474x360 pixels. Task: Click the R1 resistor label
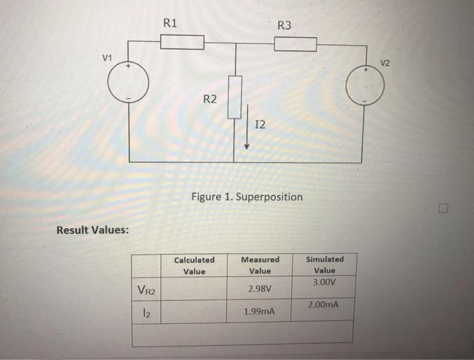(x=171, y=22)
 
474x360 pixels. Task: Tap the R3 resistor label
(x=284, y=26)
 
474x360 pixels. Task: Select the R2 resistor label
(x=211, y=99)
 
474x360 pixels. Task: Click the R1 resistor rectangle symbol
(x=182, y=43)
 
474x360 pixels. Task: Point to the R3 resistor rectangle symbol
(x=295, y=45)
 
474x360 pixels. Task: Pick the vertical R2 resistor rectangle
(x=234, y=97)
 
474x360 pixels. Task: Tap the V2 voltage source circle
(x=365, y=87)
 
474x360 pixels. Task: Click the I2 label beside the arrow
(x=261, y=125)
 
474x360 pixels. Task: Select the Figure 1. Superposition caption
(x=246, y=197)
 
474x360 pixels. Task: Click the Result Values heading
(x=92, y=229)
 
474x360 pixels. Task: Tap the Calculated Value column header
(x=194, y=265)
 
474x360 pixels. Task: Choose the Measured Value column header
(x=260, y=265)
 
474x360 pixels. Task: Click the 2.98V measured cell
(x=260, y=288)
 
